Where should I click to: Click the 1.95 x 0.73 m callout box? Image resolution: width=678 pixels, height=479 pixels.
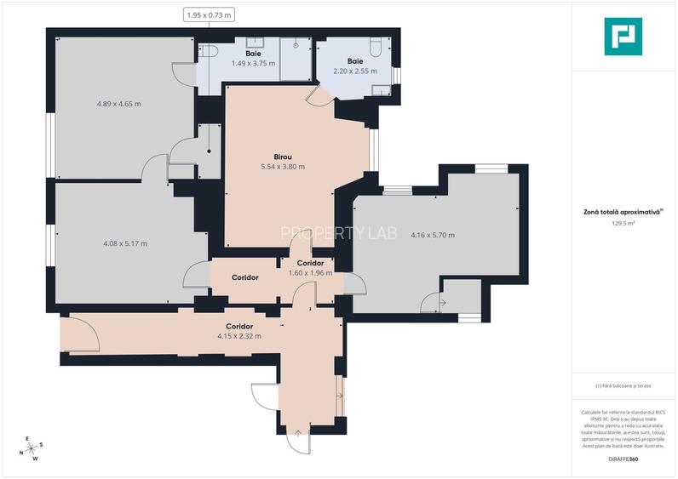point(209,14)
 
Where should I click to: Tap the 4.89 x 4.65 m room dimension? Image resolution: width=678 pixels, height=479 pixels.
point(118,104)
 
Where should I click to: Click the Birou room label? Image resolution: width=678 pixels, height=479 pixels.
point(283,157)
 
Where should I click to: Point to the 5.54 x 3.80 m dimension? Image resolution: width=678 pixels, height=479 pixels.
point(283,167)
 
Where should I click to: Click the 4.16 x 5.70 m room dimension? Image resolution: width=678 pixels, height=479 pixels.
point(432,235)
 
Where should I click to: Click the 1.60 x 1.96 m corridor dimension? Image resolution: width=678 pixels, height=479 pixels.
point(309,273)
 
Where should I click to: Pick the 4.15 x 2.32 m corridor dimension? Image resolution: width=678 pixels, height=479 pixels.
point(238,336)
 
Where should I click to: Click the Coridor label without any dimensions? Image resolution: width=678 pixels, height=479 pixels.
point(244,277)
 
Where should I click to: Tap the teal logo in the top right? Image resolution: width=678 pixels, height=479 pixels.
point(623,37)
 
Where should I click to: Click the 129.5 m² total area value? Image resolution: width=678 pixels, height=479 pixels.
point(623,224)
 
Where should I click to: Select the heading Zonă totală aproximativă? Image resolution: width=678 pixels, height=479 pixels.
point(622,214)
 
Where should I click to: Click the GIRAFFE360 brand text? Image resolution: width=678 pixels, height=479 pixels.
point(623,459)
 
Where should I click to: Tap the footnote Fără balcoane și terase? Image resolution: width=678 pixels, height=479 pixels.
point(623,385)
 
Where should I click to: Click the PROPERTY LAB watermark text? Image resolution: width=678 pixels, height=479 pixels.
point(338,233)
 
